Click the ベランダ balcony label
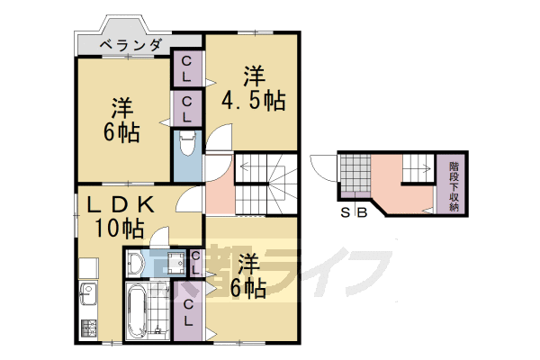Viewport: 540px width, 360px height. [130, 44]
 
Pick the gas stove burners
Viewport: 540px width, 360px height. [88, 327]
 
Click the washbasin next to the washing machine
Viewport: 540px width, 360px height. [136, 262]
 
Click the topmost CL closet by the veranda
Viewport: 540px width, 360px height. [187, 69]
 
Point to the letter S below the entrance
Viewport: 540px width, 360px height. [345, 213]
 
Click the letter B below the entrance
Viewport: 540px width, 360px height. [361, 213]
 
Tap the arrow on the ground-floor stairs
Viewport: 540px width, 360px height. [417, 166]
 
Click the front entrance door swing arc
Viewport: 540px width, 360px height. [320, 165]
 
